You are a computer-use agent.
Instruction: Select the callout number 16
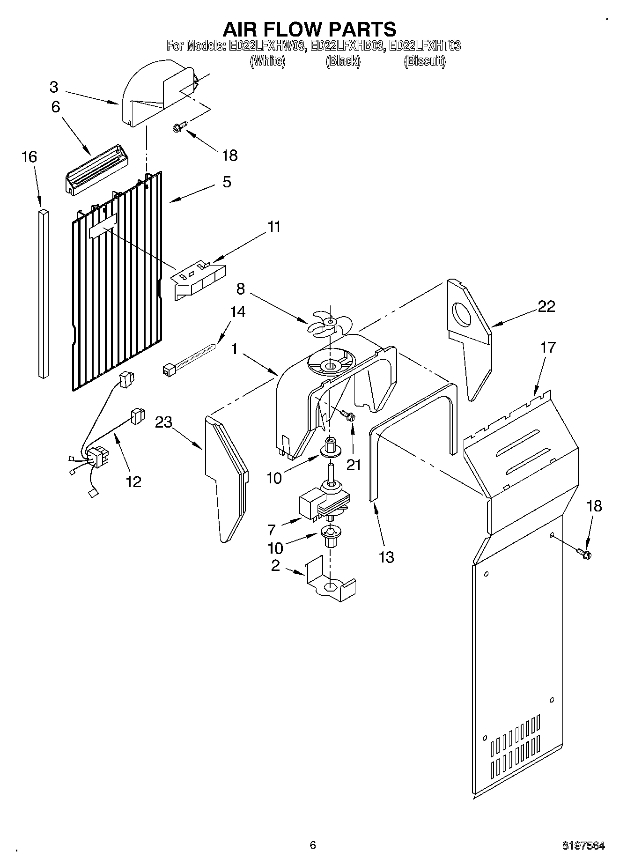pos(29,157)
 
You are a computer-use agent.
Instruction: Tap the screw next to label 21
pos(348,414)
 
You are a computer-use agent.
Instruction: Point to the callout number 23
pos(164,422)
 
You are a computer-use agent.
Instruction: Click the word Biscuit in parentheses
pos(425,61)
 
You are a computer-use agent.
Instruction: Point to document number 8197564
pos(583,846)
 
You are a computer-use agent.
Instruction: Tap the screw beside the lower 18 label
pos(585,554)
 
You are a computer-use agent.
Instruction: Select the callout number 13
pos(386,557)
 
